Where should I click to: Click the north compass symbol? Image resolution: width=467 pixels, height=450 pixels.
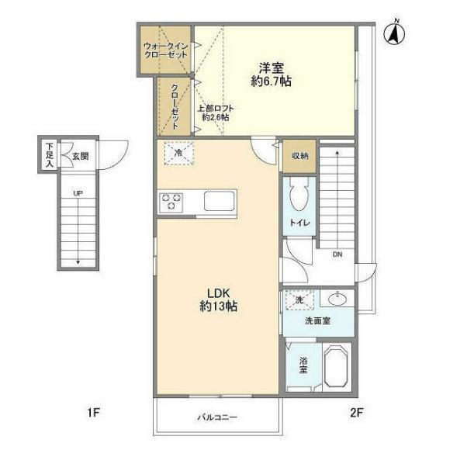[394, 33]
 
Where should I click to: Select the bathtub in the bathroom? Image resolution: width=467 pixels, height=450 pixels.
[337, 367]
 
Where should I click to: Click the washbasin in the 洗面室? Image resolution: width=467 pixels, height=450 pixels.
[337, 299]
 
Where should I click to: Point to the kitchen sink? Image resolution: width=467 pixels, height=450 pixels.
[220, 201]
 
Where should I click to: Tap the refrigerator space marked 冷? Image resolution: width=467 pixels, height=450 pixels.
[179, 153]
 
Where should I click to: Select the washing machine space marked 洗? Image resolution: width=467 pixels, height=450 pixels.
[299, 299]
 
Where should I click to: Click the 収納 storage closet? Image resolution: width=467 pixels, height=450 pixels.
[299, 156]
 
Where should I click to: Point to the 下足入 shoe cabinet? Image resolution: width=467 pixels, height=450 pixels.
[49, 155]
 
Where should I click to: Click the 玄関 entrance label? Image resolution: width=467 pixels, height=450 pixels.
[81, 156]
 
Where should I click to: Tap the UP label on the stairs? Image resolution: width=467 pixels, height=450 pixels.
[78, 193]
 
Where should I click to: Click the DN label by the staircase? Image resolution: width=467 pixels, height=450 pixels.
[337, 254]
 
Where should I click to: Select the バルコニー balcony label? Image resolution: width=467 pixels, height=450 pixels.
[217, 417]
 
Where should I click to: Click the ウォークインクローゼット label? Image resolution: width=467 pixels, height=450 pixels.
[165, 50]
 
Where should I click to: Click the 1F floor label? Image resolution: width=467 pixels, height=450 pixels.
[93, 413]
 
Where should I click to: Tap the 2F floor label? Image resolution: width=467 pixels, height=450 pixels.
[356, 413]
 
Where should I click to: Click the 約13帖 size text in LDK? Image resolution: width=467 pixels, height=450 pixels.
[218, 306]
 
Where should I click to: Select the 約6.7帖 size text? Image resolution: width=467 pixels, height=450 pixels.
[271, 81]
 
